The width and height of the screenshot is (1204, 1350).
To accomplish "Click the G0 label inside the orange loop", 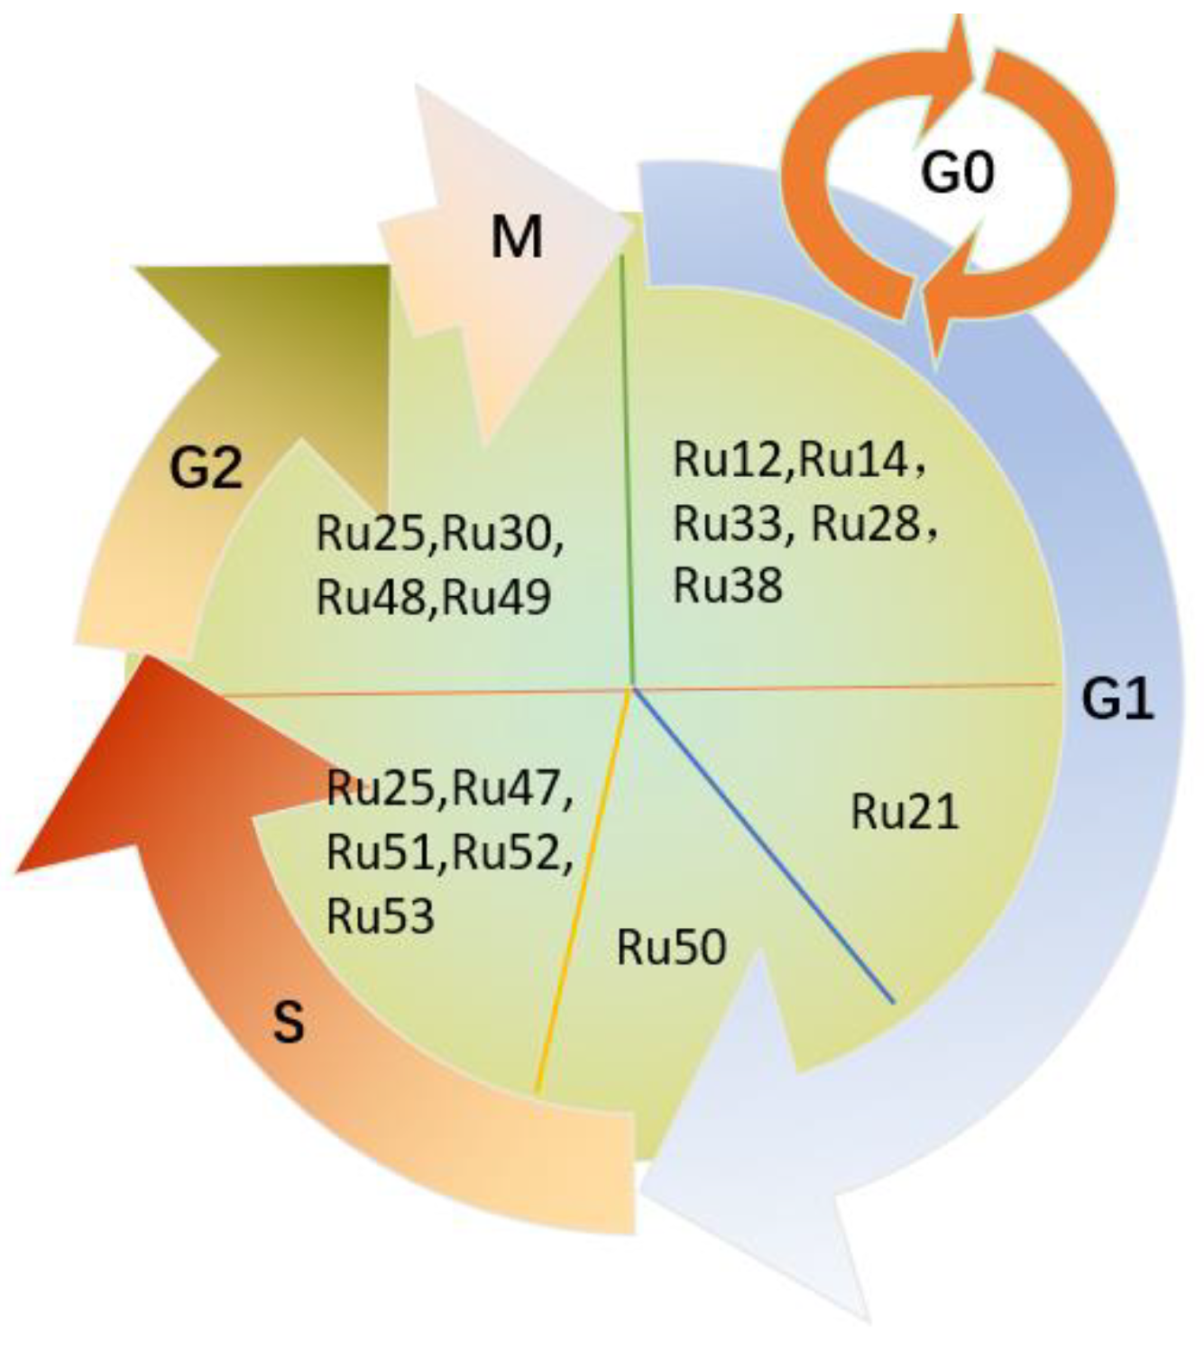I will point(957,171).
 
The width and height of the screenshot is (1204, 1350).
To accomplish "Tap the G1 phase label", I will point(1117,699).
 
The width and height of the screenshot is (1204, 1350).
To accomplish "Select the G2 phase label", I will point(207,469).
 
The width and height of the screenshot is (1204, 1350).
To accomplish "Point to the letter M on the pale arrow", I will point(517,238).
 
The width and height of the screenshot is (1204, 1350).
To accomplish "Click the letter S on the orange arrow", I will point(288,1023).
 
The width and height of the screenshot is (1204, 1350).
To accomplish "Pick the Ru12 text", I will point(731,460).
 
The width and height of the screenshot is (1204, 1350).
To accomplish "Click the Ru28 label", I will point(866,523).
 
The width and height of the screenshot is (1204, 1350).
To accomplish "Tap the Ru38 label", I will point(728,585).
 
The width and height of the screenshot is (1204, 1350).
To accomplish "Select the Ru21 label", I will point(905,812).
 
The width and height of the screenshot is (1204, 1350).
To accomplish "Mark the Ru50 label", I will point(671,948).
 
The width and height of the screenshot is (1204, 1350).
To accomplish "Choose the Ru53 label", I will point(381,915).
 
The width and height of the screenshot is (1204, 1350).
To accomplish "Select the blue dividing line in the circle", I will point(767,848).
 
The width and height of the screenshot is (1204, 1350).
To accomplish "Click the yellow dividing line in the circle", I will point(582,893).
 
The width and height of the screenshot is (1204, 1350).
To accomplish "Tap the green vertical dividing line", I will point(629,469).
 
